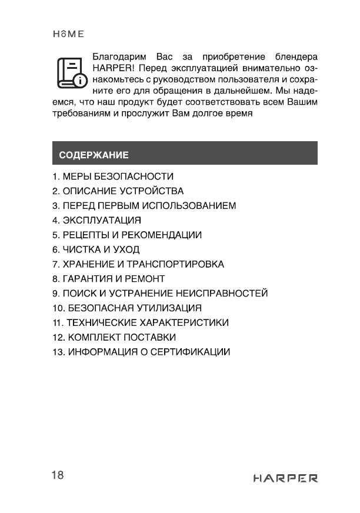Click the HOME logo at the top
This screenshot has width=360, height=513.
[68, 34]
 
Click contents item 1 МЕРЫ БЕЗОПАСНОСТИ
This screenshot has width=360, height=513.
[112, 176]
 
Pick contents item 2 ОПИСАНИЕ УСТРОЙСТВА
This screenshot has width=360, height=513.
[118, 191]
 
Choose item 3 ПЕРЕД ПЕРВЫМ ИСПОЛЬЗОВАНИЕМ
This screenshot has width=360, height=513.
[144, 206]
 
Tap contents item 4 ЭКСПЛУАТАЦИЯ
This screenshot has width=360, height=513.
[97, 221]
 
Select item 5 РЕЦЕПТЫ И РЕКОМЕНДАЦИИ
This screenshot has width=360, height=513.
[126, 235]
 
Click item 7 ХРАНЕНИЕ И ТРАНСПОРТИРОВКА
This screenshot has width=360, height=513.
[138, 264]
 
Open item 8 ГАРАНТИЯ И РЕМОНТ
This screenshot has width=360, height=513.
[108, 279]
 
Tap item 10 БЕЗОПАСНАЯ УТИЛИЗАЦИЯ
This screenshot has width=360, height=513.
[126, 308]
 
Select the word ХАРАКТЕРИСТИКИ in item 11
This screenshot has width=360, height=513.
[184, 323]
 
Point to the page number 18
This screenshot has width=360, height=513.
[57, 475]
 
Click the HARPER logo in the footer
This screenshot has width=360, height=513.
[285, 478]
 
